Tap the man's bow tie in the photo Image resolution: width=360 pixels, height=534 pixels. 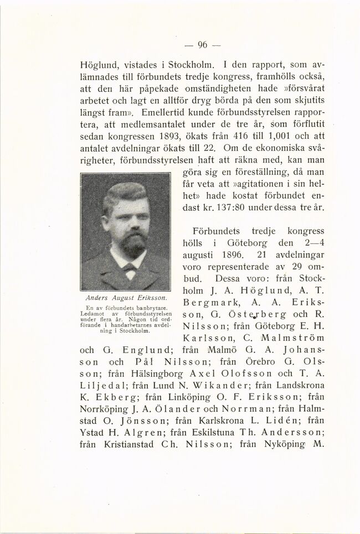click(x=129, y=267)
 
